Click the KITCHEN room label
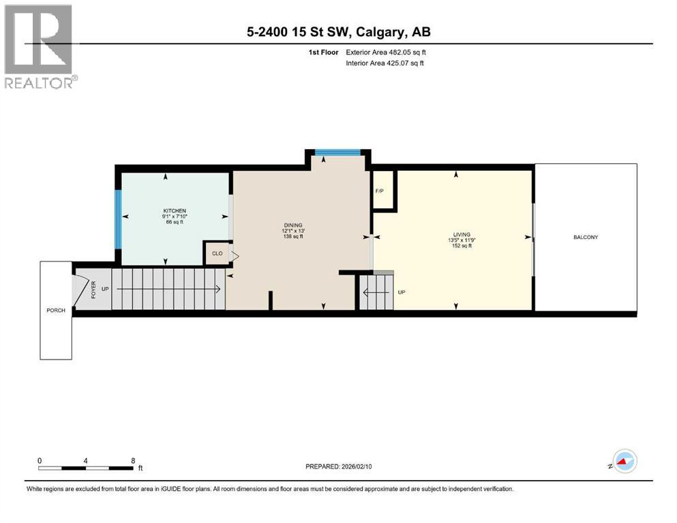pyautogui.click(x=175, y=211)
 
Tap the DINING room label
pyautogui.click(x=293, y=225)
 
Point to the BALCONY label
pyautogui.click(x=586, y=237)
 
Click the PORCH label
pyautogui.click(x=56, y=311)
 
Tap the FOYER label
pyautogui.click(x=93, y=289)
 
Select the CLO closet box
pyautogui.click(x=217, y=253)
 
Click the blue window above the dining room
pyautogui.click(x=337, y=152)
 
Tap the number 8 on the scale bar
pyautogui.click(x=132, y=460)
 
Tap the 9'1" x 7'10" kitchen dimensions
pyautogui.click(x=175, y=217)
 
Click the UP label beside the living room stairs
pyautogui.click(x=402, y=292)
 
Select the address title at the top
pyautogui.click(x=338, y=32)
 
